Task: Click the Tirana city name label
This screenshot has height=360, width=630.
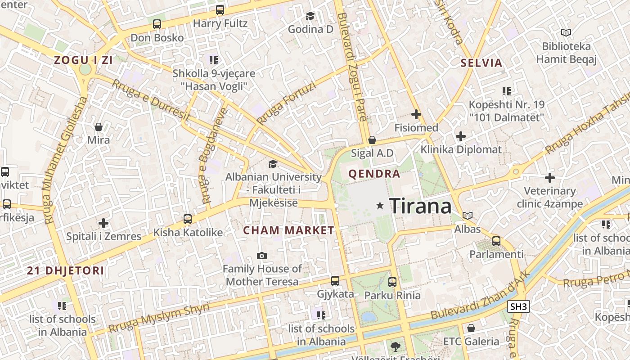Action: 420,206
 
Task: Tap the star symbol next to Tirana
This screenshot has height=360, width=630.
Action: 380,206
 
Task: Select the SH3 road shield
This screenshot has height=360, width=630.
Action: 518,307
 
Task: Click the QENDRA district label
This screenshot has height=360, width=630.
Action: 374,174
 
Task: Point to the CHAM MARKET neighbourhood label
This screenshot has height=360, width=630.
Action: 288,230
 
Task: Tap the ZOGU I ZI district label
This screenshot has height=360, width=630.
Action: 83,60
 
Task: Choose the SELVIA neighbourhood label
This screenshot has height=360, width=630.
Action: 481,63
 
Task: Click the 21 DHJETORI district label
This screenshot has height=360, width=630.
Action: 65,270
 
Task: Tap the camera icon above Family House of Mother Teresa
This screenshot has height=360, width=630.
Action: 262,256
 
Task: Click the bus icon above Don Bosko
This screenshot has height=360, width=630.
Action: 157,24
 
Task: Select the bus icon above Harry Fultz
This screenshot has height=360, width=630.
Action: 220,10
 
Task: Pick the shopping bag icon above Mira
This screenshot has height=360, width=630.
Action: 99,127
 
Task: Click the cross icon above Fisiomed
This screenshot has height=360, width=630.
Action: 416,114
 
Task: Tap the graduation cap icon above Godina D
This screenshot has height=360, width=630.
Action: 310,16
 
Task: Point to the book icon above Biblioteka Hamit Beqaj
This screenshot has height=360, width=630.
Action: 566,33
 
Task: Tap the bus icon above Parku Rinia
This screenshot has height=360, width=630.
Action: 392,282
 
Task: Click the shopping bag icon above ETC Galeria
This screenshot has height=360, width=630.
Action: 471,328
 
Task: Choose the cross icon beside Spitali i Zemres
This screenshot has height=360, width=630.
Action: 103,223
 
